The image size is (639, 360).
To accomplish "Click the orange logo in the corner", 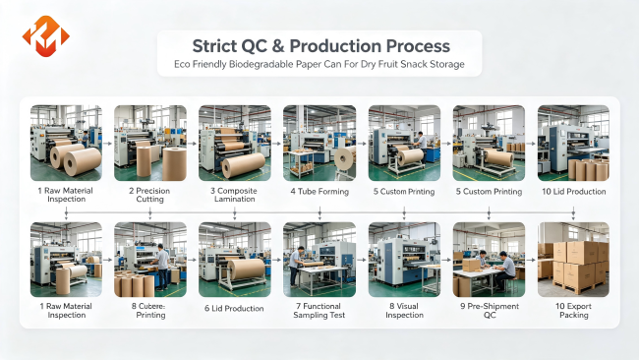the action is click(x=45, y=36).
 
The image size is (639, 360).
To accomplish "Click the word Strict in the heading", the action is click(x=214, y=46).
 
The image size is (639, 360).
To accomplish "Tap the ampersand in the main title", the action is click(x=278, y=46).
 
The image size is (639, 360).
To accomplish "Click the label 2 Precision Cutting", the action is click(x=149, y=195).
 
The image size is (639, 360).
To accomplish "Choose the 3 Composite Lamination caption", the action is click(x=234, y=195).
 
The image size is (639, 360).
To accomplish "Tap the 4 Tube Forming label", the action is click(x=319, y=191).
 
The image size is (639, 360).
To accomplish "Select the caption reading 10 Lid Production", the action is click(x=573, y=191).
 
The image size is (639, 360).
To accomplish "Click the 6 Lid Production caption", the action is click(x=234, y=309).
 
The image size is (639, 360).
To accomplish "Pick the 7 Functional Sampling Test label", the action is click(x=319, y=311).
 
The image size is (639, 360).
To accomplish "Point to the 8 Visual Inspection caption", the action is click(x=404, y=311).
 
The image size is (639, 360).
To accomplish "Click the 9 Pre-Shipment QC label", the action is click(x=490, y=311).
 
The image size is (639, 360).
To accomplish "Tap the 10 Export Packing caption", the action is click(x=573, y=311).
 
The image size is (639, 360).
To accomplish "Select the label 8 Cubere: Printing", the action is click(x=150, y=311).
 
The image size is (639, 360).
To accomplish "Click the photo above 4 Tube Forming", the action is click(x=319, y=143).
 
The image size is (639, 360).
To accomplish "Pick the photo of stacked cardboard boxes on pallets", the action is click(x=573, y=260).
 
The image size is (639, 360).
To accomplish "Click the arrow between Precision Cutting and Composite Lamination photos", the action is click(x=193, y=144).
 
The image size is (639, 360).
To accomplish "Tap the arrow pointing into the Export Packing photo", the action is click(x=531, y=260).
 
